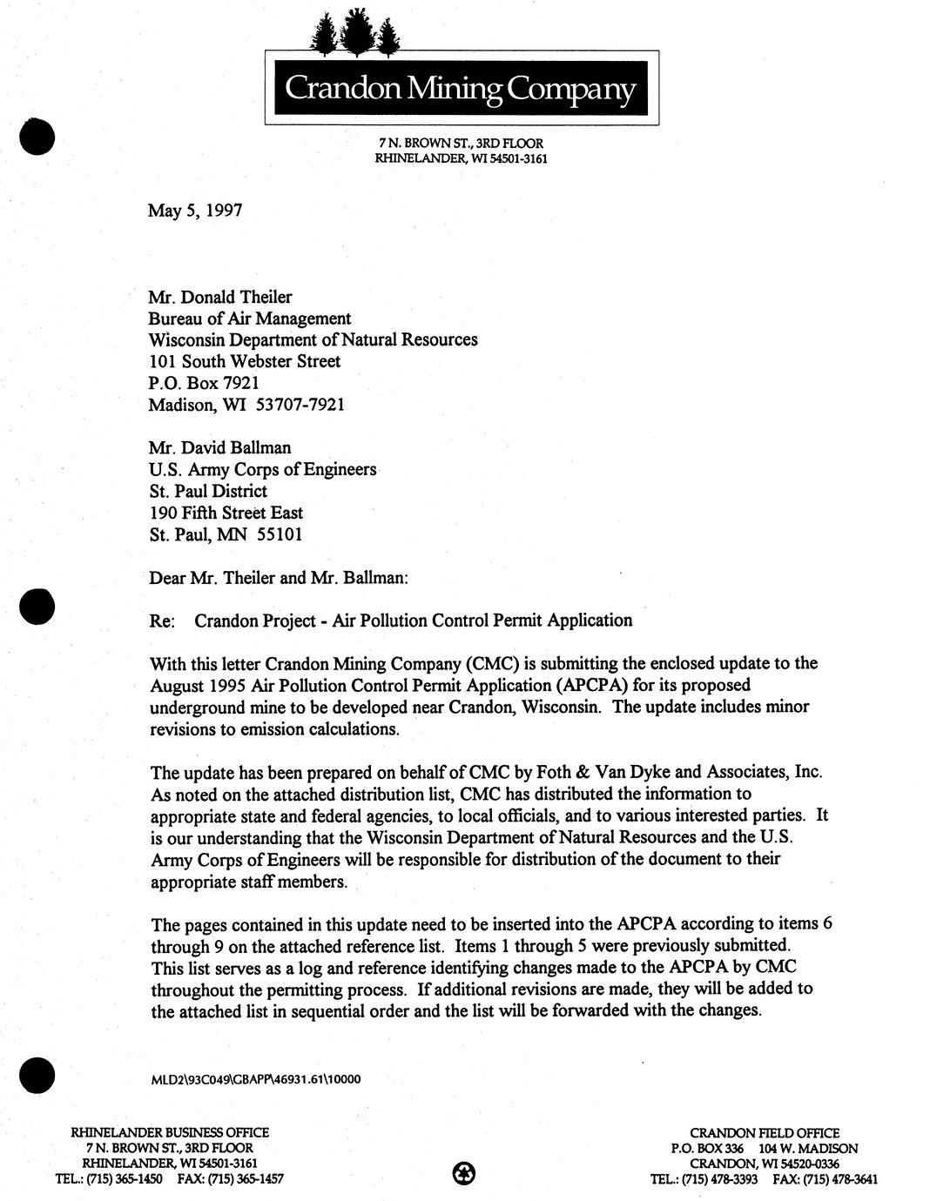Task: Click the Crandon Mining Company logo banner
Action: (x=462, y=88)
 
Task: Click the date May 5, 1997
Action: (x=195, y=210)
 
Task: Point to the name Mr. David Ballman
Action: (x=220, y=448)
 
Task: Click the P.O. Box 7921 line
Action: (x=205, y=383)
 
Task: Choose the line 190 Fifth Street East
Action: (x=226, y=513)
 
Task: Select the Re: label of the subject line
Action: (x=163, y=621)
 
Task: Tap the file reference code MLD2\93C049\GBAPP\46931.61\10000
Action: (x=255, y=1080)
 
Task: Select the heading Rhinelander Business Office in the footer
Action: (x=170, y=1133)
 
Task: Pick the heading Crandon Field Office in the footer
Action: (x=765, y=1133)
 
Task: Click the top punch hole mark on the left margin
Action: (x=37, y=137)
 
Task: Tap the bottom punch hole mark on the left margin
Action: (x=37, y=1075)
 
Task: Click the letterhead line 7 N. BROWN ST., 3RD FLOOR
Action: (x=461, y=143)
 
